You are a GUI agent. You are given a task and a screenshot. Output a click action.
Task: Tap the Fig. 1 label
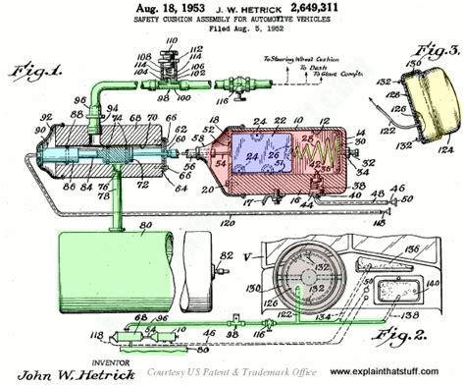[37, 73]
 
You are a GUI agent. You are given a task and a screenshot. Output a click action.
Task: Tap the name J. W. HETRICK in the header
[235, 7]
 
